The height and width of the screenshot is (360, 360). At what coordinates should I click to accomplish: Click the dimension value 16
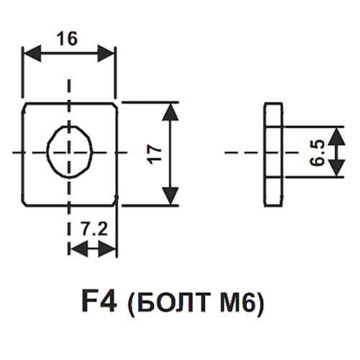click(x=67, y=39)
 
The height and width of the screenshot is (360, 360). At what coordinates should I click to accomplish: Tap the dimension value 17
click(x=155, y=154)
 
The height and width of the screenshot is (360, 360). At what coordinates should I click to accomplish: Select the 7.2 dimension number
click(x=94, y=229)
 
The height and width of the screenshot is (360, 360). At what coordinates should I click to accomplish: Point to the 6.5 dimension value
click(x=318, y=153)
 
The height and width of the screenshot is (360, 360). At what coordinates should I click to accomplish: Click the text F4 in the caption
click(x=99, y=301)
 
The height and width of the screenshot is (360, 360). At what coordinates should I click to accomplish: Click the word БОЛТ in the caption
click(x=173, y=302)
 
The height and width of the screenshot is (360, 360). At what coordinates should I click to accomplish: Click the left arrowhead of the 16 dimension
click(x=32, y=53)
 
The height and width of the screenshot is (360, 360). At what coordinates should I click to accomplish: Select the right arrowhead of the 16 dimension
click(x=106, y=53)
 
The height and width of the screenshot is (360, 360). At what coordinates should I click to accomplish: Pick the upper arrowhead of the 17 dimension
click(x=171, y=112)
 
